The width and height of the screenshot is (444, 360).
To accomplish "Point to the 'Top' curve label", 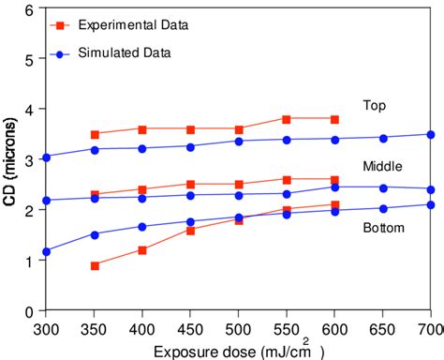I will (375, 105).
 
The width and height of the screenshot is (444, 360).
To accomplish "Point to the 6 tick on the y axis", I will (30, 9).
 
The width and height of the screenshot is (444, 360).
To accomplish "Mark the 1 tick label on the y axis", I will (30, 261).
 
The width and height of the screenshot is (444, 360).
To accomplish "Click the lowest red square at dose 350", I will (95, 265).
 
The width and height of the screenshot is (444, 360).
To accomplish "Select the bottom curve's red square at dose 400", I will (142, 250).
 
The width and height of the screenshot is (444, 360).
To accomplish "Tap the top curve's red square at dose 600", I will (334, 119).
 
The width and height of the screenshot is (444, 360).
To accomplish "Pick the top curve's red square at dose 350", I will (95, 134).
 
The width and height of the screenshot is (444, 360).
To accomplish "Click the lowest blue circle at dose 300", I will (47, 251).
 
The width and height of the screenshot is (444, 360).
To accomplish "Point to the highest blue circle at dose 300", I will (47, 157).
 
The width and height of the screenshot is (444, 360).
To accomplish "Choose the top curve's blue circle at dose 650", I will (383, 138).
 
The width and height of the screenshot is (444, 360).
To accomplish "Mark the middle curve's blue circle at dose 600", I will (334, 187).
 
